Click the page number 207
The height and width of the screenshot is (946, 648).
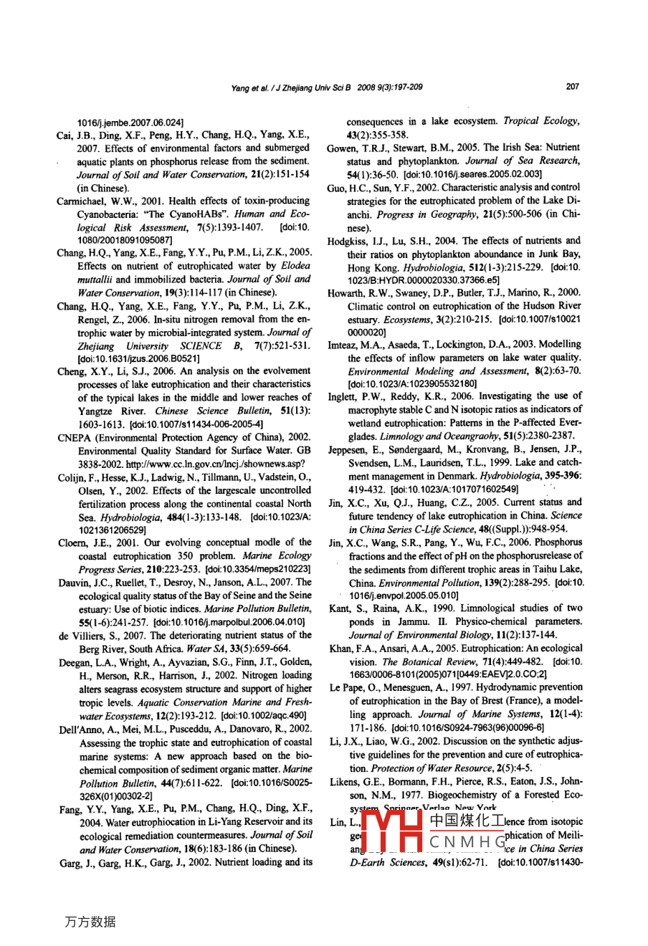click(x=572, y=87)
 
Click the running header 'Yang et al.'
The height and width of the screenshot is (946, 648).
click(x=249, y=87)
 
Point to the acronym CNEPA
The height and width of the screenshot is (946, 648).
click(x=74, y=437)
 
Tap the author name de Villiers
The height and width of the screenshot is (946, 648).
click(x=82, y=635)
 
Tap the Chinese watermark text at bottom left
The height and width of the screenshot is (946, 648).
click(x=90, y=921)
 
